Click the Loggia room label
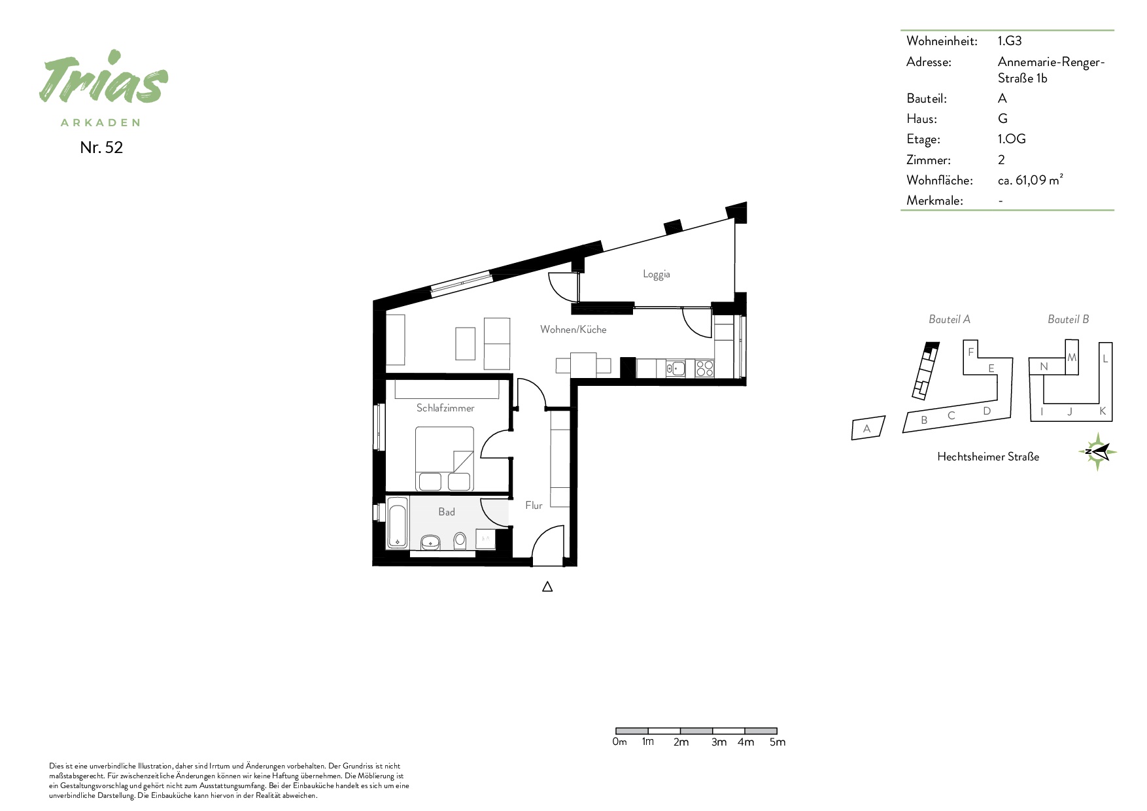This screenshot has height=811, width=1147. pos(656,275)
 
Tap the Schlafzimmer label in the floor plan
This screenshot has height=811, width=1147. pos(445,408)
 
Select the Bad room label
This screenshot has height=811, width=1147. pos(447,512)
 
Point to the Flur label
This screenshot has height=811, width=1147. pos(534,506)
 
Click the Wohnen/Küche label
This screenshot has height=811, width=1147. pos(573,330)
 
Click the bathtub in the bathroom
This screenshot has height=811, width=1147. pos(398,523)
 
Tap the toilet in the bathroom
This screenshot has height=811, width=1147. pos(460,541)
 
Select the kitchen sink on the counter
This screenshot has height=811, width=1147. pos(676,369)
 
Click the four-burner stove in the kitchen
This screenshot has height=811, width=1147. pos(704,368)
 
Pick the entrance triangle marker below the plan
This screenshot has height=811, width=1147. pos(547,587)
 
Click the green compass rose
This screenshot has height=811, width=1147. pos(1097,451)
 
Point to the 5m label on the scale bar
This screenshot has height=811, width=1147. pos(778,742)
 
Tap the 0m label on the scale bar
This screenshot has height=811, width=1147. pos(619,742)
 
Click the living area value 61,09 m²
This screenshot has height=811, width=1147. pos(1039,181)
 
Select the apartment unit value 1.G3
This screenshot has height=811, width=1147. pos(1010,41)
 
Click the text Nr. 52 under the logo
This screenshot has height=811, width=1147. pos(101,148)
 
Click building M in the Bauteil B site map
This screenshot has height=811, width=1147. pos(1072,358)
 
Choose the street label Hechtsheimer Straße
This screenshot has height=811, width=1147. pos(988,457)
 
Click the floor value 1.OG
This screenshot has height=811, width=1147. pos(1012,139)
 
